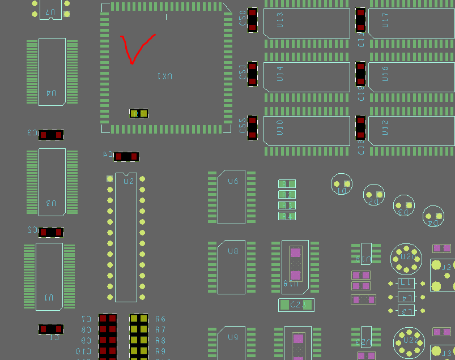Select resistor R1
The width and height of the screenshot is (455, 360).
(287, 184)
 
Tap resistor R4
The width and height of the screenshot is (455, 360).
(287, 216)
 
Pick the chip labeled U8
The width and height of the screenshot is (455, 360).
(232, 267)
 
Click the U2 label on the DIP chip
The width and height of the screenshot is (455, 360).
(129, 182)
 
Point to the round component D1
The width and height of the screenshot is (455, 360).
(342, 184)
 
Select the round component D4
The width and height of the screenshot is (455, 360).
(433, 216)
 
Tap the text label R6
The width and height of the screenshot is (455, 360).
(160, 319)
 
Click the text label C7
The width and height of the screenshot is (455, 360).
(86, 319)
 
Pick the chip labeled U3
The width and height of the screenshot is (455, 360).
(52, 182)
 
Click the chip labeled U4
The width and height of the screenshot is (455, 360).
(52, 71)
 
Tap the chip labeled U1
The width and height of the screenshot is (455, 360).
(49, 276)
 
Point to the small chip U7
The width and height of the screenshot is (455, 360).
(50, 10)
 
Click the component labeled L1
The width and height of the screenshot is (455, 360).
(406, 282)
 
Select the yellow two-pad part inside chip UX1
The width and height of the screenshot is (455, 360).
(139, 114)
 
